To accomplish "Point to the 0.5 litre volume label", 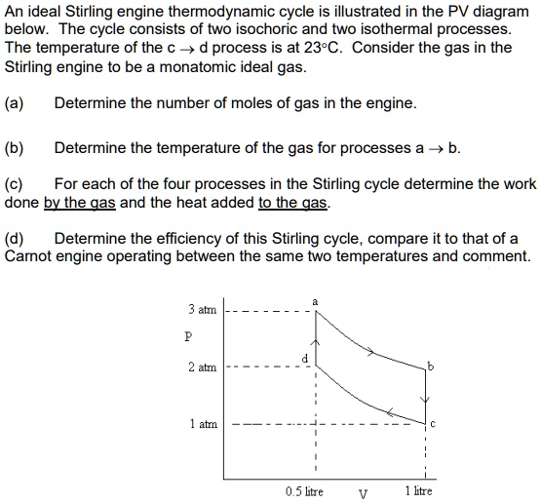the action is tap(305, 491).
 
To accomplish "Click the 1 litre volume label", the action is tap(418, 491).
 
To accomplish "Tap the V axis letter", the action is tap(363, 492).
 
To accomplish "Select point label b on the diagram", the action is tap(430, 366).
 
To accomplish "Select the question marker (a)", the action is tap(15, 103).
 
